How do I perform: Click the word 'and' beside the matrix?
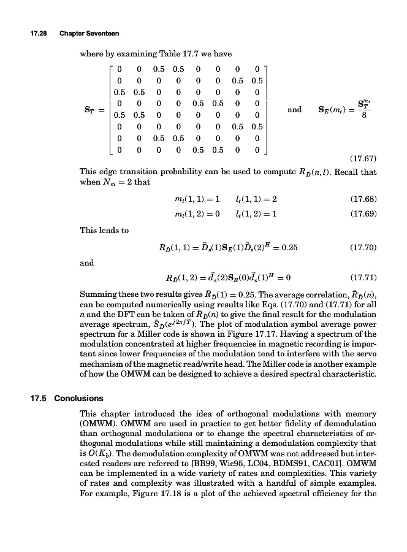(294, 110)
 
